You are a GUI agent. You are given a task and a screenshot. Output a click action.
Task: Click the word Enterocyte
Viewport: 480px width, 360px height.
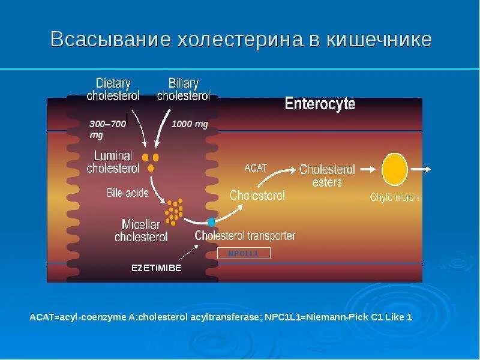coord(320,104)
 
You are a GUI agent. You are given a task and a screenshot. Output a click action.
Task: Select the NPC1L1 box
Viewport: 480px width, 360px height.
coord(243,253)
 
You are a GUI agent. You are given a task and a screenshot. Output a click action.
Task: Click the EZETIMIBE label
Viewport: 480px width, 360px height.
coord(156,268)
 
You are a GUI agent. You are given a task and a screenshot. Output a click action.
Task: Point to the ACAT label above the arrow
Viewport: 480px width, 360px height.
coord(256,168)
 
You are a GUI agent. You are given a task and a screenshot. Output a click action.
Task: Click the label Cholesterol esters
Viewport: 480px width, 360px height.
coord(327,175)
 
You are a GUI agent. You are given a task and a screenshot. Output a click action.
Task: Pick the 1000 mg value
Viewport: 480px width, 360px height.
coord(190,124)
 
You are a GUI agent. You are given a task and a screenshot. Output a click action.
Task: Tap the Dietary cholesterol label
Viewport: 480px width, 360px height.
coord(113,89)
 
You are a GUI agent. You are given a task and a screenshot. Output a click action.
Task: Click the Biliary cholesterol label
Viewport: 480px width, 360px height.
coord(183,89)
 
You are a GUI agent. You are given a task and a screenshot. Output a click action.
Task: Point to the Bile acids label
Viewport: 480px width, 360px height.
coord(126,193)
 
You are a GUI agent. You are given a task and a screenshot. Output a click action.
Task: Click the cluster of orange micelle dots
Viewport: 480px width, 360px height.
coord(175,210)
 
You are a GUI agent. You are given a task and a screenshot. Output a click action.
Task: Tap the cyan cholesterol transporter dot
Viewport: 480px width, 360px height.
coord(211,222)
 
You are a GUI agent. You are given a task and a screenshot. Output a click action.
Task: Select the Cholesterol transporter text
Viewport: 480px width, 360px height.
coord(245,236)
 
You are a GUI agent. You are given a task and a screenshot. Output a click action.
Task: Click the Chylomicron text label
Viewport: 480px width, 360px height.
coord(395,197)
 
